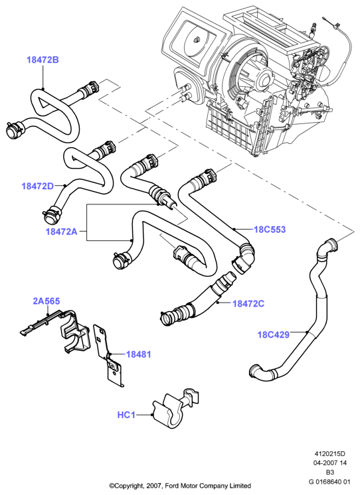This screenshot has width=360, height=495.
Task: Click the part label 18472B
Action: click(43, 60)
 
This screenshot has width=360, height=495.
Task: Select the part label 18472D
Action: click(38, 186)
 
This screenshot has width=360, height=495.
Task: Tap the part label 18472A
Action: click(61, 232)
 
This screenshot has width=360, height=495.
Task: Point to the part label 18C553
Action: click(270, 229)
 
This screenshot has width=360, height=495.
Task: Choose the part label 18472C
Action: click(248, 304)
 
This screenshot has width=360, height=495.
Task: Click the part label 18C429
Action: click(274, 334)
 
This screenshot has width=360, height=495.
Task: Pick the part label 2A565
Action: click(46, 301)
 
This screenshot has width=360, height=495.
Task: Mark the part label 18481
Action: click(138, 354)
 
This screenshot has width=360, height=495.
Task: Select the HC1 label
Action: click(126, 415)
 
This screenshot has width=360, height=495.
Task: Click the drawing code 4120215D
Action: click(329, 454)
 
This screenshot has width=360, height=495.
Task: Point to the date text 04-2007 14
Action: click(329, 462)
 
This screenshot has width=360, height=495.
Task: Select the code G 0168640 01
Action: click(329, 482)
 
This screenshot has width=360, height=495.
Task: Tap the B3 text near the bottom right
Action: click(329, 472)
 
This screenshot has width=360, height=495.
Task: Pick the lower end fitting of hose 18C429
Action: click(255, 370)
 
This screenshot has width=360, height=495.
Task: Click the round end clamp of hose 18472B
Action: click(13, 131)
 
